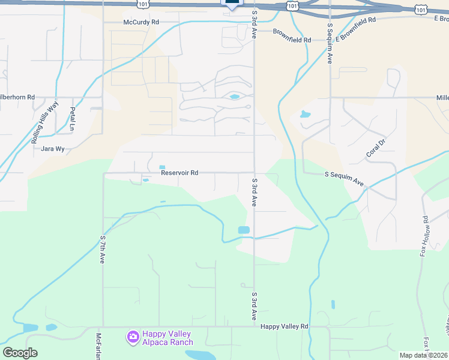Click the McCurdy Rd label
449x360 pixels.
click(x=141, y=22)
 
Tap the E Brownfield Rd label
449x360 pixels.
click(x=355, y=29)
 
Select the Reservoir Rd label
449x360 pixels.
click(x=179, y=173)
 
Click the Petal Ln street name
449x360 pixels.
click(x=73, y=119)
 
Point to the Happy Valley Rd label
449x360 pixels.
click(x=284, y=326)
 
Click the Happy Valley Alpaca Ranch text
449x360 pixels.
click(x=167, y=338)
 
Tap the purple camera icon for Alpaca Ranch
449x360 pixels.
click(x=132, y=338)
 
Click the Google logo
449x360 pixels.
click(x=19, y=353)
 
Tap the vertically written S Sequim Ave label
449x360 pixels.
click(x=330, y=44)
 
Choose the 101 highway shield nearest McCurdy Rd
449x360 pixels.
click(x=142, y=4)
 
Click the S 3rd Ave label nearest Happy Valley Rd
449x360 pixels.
click(x=255, y=306)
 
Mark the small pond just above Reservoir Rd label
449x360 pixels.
click(x=161, y=167)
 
